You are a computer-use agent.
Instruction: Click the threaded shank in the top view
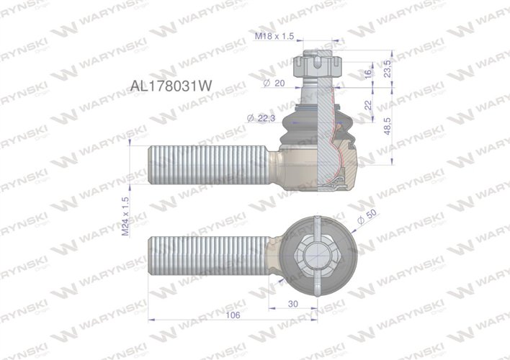pyautogui.click(x=209, y=256)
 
